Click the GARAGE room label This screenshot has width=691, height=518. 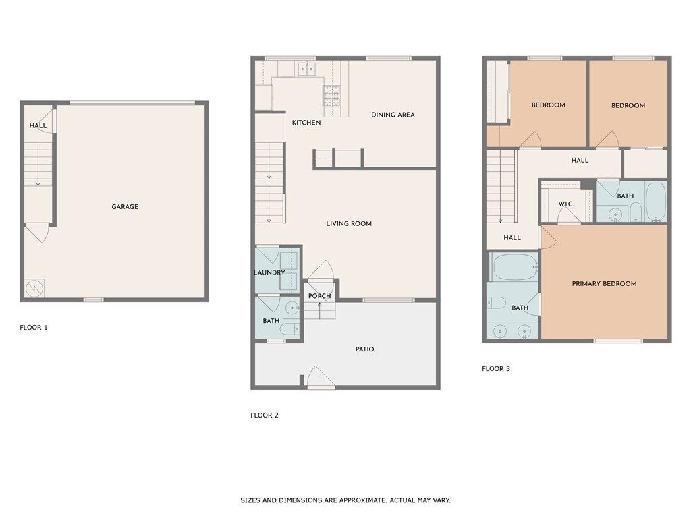click(125, 206)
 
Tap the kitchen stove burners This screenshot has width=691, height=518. click(332, 96)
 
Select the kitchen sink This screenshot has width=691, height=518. click(307, 68)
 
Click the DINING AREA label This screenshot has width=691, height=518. click(393, 115)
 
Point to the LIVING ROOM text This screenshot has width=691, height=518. click(349, 223)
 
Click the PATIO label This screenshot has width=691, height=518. click(365, 349)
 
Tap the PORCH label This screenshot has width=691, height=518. click(319, 296)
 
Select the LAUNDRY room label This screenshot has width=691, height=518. click(269, 272)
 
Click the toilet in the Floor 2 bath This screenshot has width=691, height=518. click(289, 328)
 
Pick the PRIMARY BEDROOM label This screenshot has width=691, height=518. click(604, 284)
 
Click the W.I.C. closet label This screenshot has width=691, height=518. click(566, 204)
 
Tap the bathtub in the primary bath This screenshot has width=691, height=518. click(514, 267)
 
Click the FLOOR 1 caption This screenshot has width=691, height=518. click(34, 327)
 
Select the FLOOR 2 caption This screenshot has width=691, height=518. click(265, 415)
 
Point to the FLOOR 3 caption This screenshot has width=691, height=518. click(496, 368)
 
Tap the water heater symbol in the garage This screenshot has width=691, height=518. click(34, 288)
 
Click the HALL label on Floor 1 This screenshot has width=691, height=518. click(38, 125)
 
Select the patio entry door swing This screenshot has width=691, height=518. click(321, 376)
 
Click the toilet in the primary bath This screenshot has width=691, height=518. click(496, 303)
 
